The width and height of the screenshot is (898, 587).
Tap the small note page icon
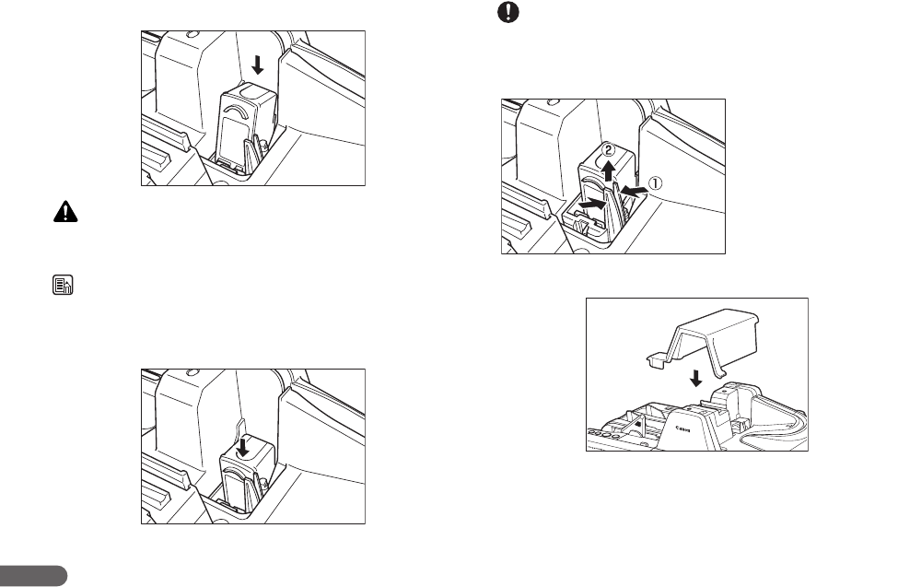(x=57, y=287)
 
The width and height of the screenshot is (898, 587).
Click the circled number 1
(x=656, y=182)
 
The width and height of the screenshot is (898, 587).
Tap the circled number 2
(x=608, y=150)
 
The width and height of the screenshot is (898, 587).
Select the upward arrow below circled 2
(x=608, y=169)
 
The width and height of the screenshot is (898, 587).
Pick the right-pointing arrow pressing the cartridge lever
(x=594, y=201)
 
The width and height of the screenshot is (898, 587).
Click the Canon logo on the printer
(x=682, y=429)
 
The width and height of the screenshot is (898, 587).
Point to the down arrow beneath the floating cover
(x=696, y=376)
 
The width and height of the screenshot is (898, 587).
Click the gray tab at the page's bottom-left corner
(x=33, y=576)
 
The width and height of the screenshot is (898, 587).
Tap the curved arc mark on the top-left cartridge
(x=235, y=112)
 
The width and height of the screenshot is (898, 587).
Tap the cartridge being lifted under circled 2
(x=603, y=184)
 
